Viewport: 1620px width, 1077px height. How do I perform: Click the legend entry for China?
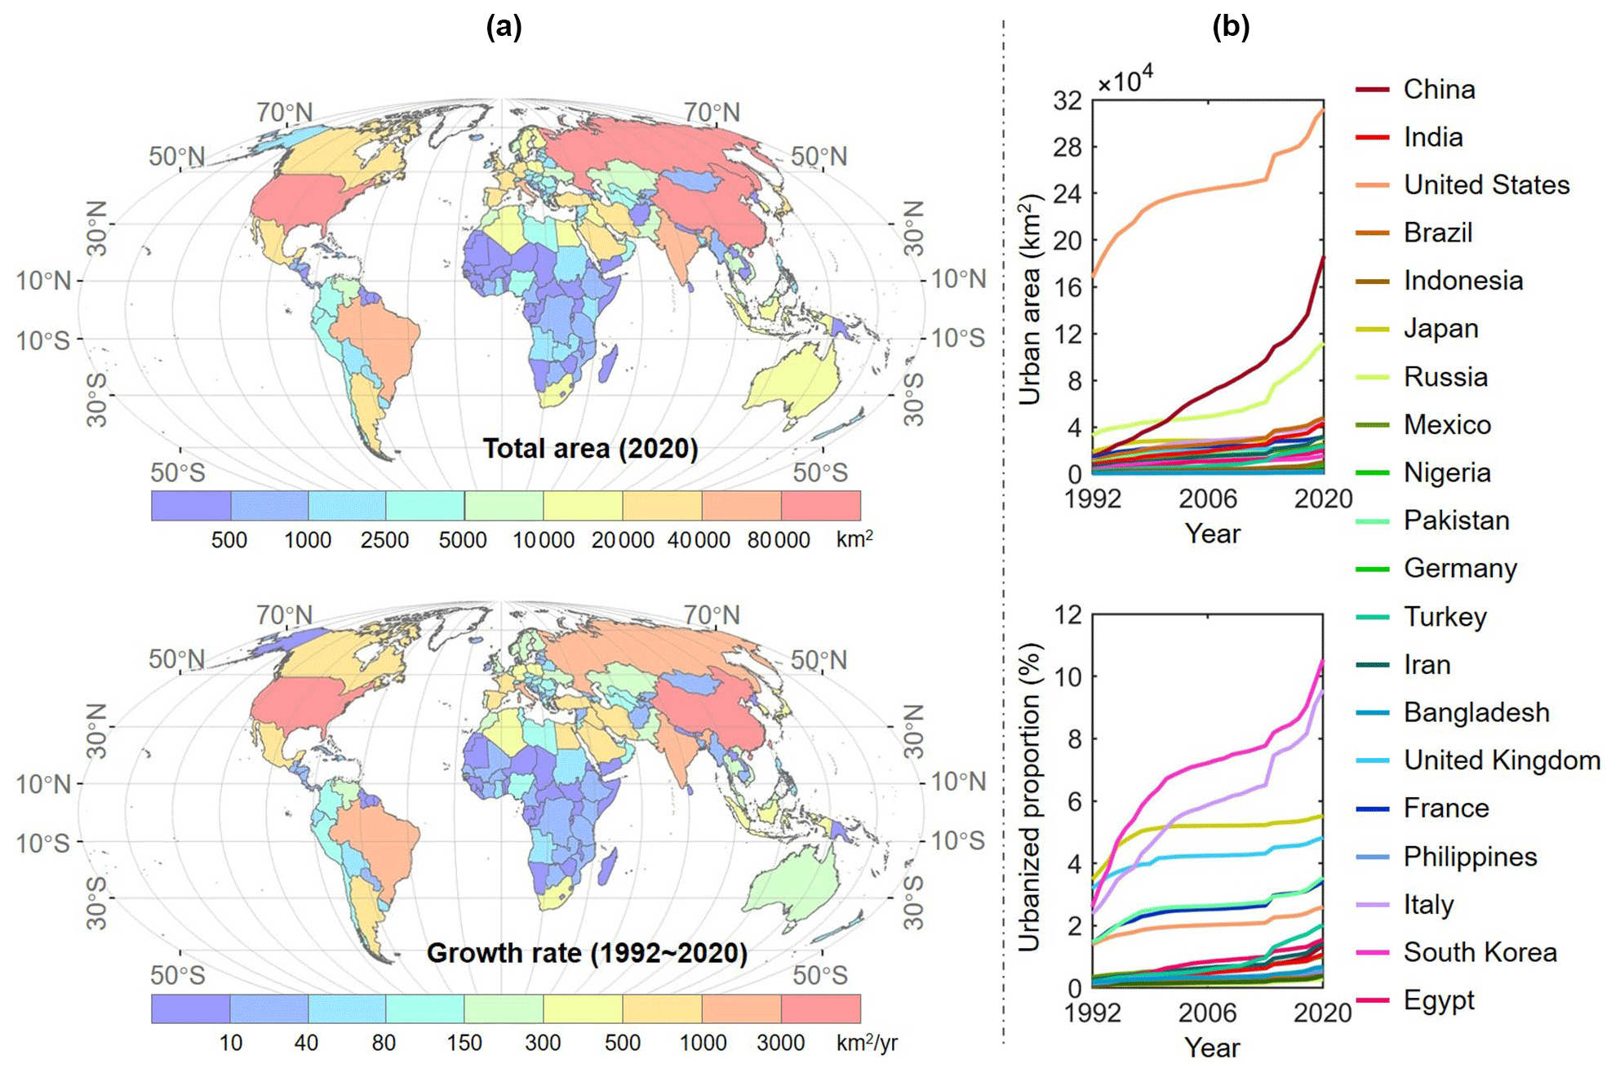[x=1438, y=89]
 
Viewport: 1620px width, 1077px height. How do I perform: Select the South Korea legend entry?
[x=1479, y=952]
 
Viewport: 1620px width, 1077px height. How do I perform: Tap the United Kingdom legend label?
[x=1501, y=760]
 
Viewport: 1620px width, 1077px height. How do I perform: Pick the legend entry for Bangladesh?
[x=1476, y=712]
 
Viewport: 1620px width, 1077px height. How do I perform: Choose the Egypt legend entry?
[x=1438, y=1000]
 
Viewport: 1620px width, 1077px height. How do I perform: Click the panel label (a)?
[x=504, y=27]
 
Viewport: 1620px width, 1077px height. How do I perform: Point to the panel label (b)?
[x=1231, y=27]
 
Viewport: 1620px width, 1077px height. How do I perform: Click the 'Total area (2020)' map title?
[x=590, y=449]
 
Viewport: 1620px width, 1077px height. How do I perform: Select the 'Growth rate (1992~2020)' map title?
[x=587, y=953]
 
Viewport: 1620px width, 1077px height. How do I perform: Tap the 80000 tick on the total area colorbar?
[x=779, y=540]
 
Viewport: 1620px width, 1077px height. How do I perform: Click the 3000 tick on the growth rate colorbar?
[x=780, y=1043]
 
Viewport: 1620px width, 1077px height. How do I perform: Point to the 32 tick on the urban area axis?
[x=1067, y=101]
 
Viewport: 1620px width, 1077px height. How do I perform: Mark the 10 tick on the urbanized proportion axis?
[x=1067, y=676]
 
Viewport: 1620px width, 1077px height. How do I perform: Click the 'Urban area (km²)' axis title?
[x=1030, y=299]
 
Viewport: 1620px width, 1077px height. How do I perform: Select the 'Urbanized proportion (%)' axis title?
[x=1030, y=797]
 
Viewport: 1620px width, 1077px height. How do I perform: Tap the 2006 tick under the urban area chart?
[x=1207, y=499]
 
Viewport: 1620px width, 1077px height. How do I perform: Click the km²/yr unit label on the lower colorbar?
[x=867, y=1043]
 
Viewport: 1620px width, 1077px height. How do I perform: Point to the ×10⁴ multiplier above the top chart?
[x=1125, y=80]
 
